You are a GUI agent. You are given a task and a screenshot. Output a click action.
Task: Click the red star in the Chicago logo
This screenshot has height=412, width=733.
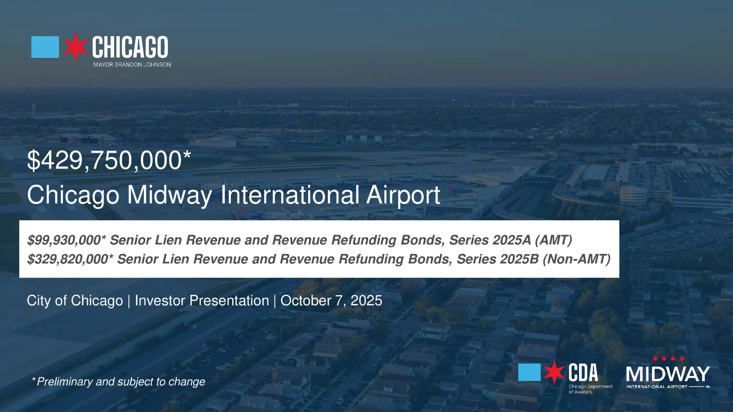[x=76, y=47]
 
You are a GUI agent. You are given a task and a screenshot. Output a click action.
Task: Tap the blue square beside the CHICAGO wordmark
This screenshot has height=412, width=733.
[x=45, y=47]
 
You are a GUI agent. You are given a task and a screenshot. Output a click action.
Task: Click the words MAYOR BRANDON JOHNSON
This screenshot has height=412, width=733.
[x=132, y=65]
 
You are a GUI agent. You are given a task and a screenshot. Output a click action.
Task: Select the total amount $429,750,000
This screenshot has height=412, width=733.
[x=105, y=160]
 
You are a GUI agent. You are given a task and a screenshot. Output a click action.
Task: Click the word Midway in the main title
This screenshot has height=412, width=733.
[x=170, y=195]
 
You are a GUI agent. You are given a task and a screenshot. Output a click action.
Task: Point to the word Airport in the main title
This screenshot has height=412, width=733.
[x=403, y=195]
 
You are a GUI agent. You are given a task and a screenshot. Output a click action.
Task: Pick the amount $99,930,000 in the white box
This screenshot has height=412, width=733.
[x=64, y=240]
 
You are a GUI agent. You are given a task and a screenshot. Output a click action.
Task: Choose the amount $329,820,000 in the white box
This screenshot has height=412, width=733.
[x=68, y=259]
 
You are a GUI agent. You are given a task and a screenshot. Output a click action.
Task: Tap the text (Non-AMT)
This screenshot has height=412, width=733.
[x=577, y=259]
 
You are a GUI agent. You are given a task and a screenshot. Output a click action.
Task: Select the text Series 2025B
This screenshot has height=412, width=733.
[x=497, y=259]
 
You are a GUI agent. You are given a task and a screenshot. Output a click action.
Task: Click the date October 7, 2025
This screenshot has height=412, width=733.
[x=331, y=301]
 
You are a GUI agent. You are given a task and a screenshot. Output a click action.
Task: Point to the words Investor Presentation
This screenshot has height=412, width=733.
[x=202, y=301]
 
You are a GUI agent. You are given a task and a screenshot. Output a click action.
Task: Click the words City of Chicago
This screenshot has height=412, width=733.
[x=75, y=301]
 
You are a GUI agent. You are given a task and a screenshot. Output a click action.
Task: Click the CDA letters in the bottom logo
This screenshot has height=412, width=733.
[x=583, y=373]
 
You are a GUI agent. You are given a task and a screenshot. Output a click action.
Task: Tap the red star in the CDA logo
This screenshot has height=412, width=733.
[x=554, y=372]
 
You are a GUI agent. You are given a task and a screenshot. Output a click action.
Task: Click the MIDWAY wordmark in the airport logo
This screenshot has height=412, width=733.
[x=668, y=374]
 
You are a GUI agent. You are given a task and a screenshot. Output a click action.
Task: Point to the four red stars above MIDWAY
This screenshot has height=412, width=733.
[x=668, y=359]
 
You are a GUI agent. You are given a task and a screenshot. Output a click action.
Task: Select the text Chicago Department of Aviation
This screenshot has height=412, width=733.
[x=591, y=389]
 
